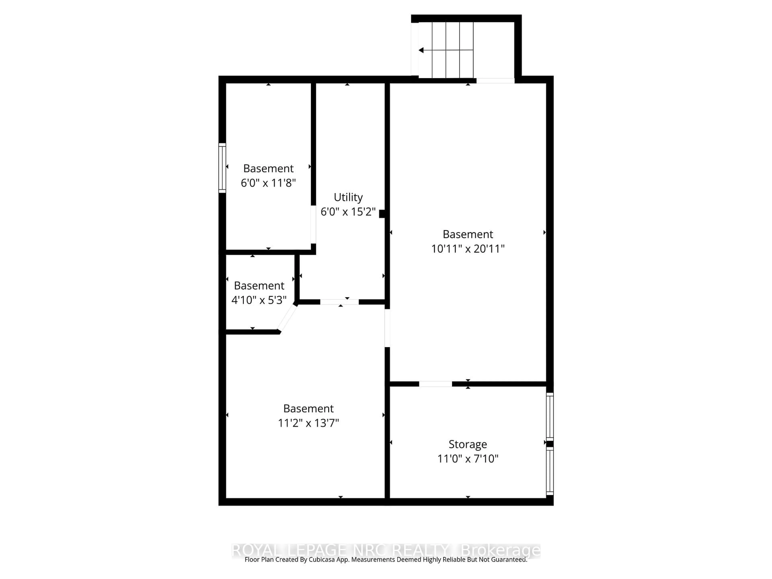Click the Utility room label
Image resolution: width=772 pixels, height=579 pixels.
click(x=348, y=197)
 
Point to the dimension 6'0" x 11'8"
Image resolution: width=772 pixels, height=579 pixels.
click(x=268, y=183)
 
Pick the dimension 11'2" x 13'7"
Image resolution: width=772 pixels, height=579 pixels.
click(x=308, y=423)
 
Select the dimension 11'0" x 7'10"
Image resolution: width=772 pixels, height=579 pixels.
click(x=468, y=459)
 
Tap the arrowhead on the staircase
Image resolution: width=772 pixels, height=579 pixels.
click(x=421, y=50)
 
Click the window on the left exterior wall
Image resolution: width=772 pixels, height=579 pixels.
click(x=222, y=168)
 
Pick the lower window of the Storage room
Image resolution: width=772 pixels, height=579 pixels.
click(x=550, y=471)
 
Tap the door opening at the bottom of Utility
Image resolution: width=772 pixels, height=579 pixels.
click(x=339, y=302)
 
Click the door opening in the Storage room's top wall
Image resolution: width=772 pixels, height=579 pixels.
click(x=435, y=384)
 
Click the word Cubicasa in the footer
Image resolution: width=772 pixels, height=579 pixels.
click(x=322, y=559)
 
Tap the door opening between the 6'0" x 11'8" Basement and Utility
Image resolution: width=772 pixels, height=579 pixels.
click(x=313, y=224)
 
